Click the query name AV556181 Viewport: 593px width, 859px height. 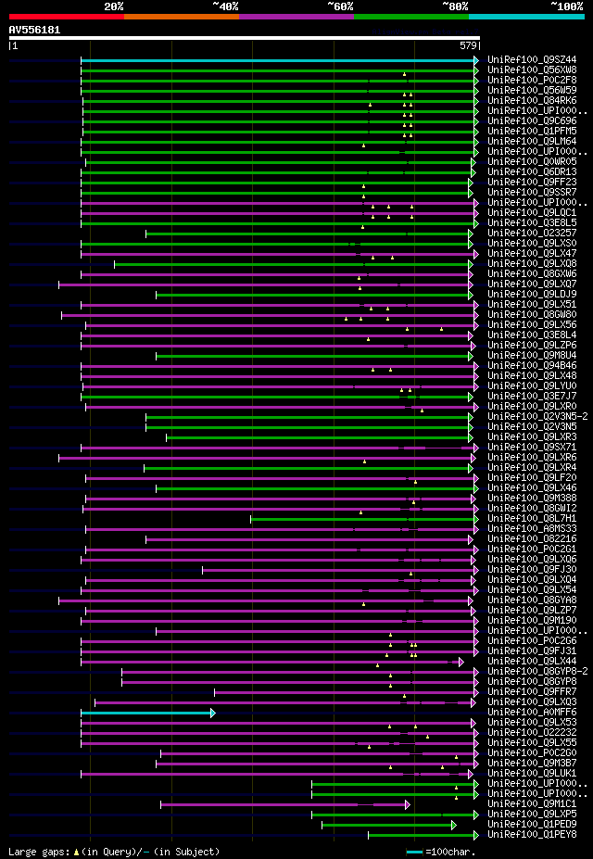pyautogui.click(x=34, y=30)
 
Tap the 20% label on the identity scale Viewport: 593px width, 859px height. pyautogui.click(x=113, y=6)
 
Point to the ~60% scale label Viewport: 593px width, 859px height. pyautogui.click(x=340, y=6)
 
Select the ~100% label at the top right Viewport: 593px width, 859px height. pyautogui.click(x=566, y=6)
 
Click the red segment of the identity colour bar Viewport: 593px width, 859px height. pyautogui.click(x=66, y=16)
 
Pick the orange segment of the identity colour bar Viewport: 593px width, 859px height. pyautogui.click(x=181, y=16)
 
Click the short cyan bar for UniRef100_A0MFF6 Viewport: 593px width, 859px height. pyautogui.click(x=147, y=713)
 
